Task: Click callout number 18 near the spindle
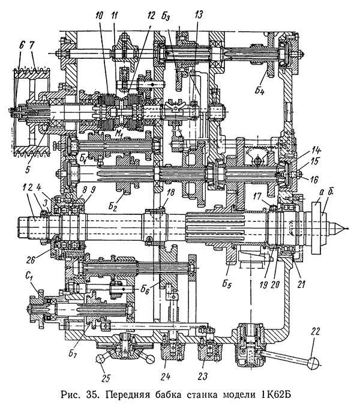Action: tap(171, 191)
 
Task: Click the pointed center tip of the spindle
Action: tap(344, 227)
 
